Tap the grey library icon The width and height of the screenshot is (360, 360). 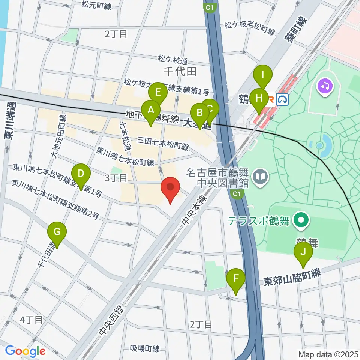[x=259, y=175]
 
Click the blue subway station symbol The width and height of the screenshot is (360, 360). [x=282, y=99]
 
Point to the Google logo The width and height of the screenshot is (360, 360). [x=25, y=351]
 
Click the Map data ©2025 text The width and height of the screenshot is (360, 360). [x=328, y=354]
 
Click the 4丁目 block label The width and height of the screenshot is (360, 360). [x=31, y=320]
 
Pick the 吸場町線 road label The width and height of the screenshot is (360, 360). [x=145, y=349]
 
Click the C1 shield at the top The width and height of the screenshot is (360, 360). [x=210, y=7]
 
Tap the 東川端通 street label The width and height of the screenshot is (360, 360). [x=8, y=123]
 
